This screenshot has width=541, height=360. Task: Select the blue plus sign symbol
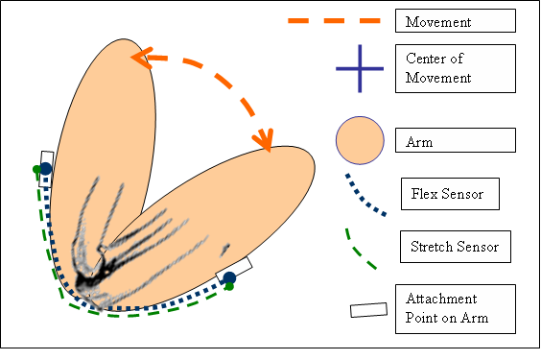point(360,69)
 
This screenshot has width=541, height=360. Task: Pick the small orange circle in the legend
point(360,141)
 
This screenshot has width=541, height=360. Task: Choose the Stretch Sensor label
point(453,247)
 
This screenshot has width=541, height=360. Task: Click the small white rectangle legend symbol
point(368,310)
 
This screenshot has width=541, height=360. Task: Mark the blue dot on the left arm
point(45,169)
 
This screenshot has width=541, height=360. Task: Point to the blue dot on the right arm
point(229,277)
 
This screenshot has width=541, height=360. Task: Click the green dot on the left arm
point(36,171)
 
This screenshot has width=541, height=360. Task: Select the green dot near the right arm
point(230,287)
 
